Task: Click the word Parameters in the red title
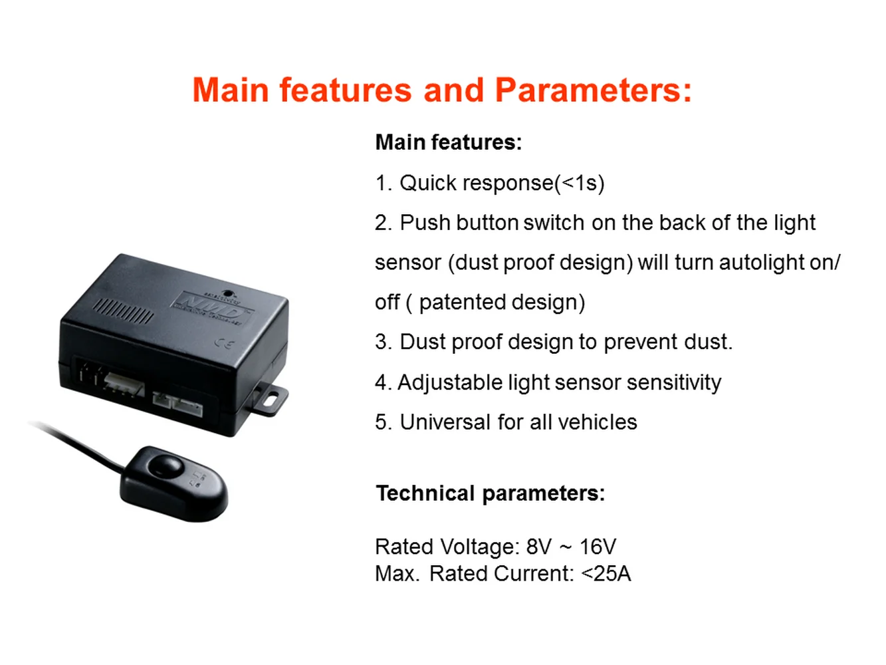click(x=593, y=90)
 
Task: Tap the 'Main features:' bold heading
click(x=449, y=142)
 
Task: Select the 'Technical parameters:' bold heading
click(x=490, y=493)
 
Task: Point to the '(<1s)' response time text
click(x=579, y=184)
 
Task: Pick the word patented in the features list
click(x=457, y=303)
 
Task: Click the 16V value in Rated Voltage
click(x=598, y=547)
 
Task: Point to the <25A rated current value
click(x=606, y=573)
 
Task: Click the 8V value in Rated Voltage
click(x=538, y=547)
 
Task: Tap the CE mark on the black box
click(x=224, y=344)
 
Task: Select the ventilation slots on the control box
click(x=123, y=311)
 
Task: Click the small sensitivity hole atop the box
click(x=228, y=293)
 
